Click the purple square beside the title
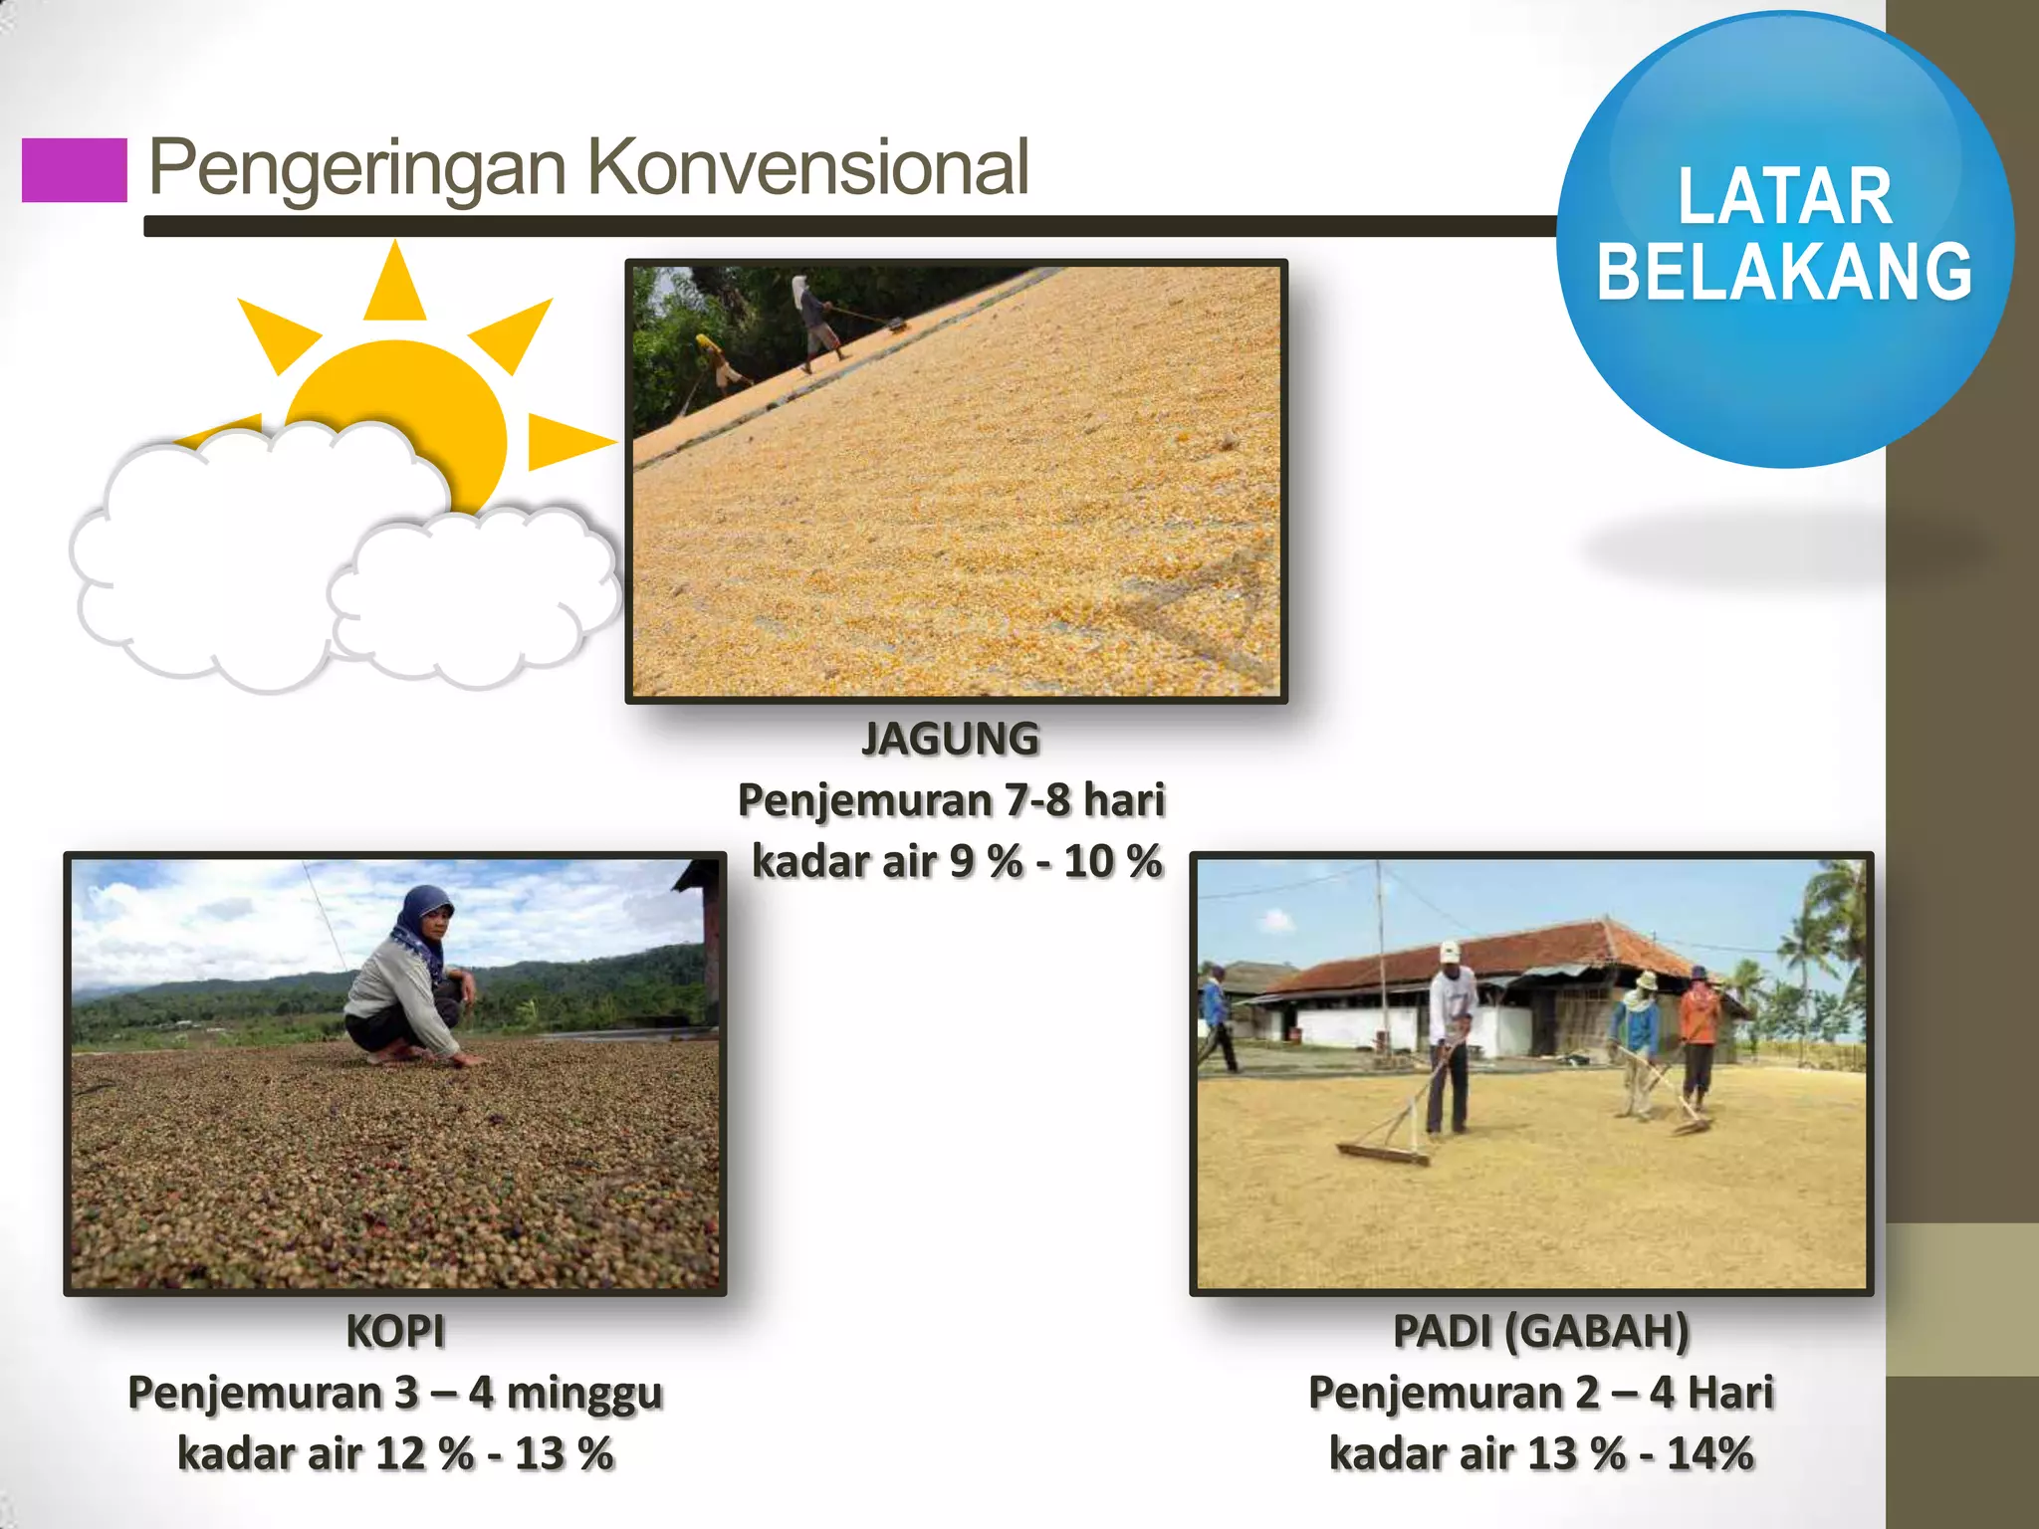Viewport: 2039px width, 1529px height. pos(75,170)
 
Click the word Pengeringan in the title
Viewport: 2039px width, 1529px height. pos(356,168)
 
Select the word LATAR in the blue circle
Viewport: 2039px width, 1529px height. pos(1784,196)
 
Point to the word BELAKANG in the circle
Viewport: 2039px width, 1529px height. pos(1784,272)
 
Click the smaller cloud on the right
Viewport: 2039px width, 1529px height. pos(473,592)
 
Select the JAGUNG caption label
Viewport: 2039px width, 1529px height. pos(951,739)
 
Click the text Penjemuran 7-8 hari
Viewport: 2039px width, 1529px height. pos(951,800)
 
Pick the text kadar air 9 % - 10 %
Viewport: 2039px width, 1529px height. pos(956,861)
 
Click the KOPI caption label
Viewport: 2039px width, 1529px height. pos(395,1331)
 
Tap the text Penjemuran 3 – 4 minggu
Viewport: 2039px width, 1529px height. pos(395,1393)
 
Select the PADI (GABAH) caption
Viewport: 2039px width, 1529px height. pos(1540,1331)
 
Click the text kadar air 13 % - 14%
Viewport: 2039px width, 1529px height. pos(1540,1453)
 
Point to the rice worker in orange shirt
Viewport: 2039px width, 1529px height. pos(1699,1035)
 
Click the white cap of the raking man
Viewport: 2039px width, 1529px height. pos(1450,951)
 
